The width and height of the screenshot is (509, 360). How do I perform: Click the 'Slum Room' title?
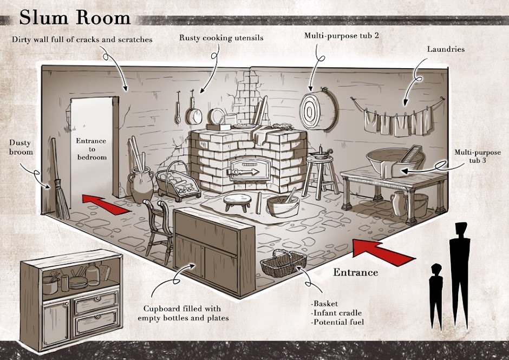(x=75, y=17)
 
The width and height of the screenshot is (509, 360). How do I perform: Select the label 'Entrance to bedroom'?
(x=91, y=149)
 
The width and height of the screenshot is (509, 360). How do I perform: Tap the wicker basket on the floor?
(x=283, y=263)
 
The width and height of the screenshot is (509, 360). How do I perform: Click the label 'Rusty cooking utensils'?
(x=221, y=37)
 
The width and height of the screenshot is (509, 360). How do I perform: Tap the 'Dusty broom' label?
(x=21, y=147)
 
